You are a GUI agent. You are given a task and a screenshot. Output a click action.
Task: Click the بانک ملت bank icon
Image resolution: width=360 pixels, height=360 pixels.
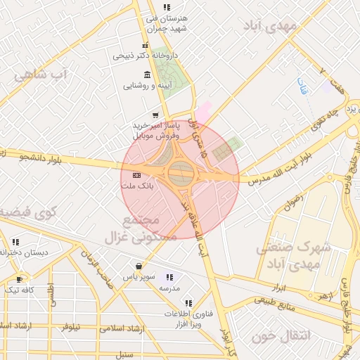pos(136,175)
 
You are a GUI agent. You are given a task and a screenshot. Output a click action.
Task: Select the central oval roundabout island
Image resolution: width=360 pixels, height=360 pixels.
pos(180,172)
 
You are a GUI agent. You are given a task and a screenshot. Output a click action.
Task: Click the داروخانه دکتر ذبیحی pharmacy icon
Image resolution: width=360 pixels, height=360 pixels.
pos(146,45)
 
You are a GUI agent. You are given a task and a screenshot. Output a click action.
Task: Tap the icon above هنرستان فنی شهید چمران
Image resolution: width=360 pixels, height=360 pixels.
pos(167,6)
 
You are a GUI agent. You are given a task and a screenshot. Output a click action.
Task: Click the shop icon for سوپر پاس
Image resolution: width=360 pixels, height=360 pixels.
pos(139,266)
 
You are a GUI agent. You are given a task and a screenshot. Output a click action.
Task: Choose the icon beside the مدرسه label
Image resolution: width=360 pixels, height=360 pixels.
pos(169,277)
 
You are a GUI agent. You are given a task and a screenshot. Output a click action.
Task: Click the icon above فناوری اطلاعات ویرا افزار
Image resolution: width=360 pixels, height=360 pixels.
pos(188,304)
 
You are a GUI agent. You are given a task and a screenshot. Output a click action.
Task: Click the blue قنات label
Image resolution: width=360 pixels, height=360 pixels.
pos(303,87)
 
